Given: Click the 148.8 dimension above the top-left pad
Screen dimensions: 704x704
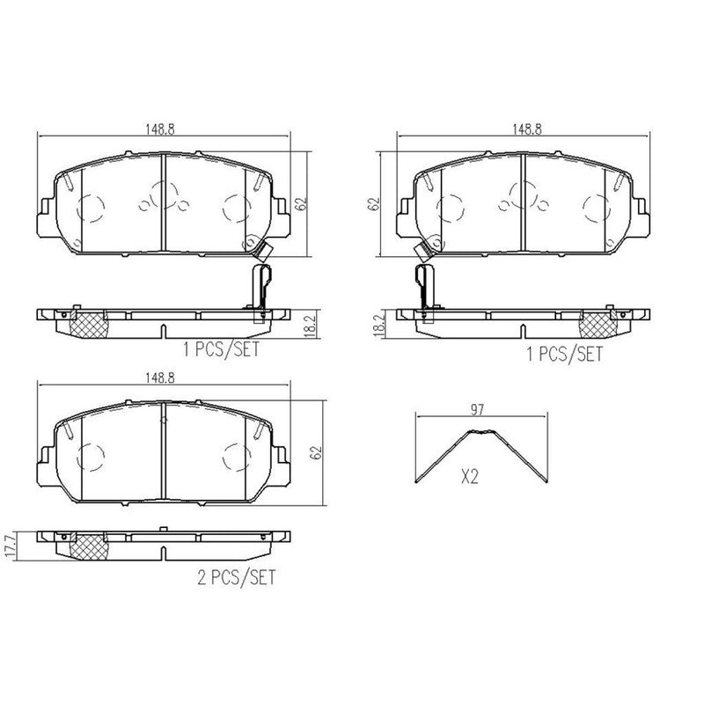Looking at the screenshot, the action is [x=159, y=129].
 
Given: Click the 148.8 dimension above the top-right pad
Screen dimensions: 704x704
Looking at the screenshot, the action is [x=527, y=129].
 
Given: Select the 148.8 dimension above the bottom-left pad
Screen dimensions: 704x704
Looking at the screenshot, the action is [x=159, y=378].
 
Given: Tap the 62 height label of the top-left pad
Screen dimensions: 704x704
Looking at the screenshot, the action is [x=302, y=204].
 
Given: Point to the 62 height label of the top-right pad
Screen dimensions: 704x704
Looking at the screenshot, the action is [x=373, y=204].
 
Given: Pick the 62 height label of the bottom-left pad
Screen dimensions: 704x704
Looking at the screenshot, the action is [x=318, y=452].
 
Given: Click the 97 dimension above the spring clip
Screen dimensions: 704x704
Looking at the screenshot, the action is [x=477, y=409].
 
